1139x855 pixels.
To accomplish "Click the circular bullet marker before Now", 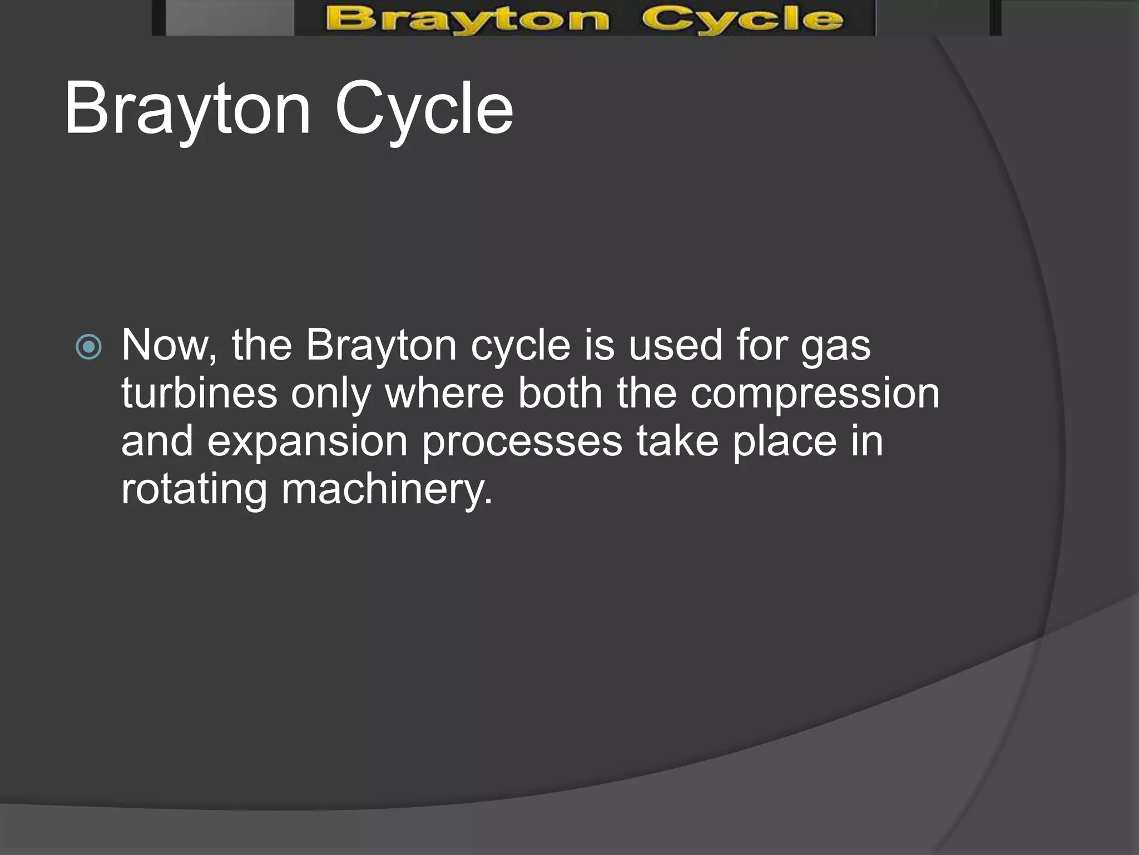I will click(x=89, y=347).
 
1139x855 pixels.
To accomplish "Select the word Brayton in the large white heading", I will click(x=187, y=109).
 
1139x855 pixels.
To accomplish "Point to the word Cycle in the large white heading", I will click(x=424, y=109).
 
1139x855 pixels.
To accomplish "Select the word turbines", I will click(x=199, y=393).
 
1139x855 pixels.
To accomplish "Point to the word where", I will click(x=444, y=393).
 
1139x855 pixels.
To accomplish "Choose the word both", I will click(x=560, y=393).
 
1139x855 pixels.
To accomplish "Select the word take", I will click(x=677, y=441).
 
